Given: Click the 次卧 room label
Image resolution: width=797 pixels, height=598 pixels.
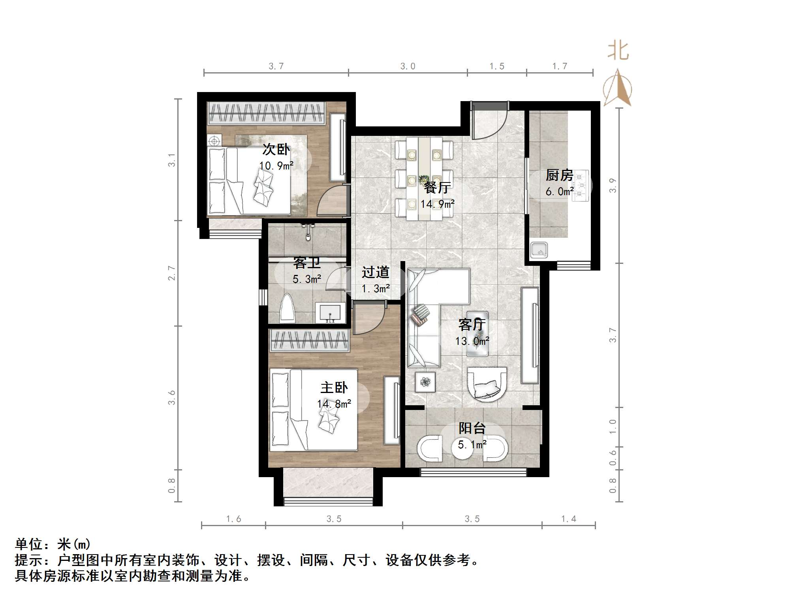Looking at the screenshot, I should pyautogui.click(x=276, y=149).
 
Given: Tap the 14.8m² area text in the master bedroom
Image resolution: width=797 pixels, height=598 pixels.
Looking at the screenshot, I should pyautogui.click(x=334, y=404).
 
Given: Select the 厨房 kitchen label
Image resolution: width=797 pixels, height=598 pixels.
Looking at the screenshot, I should pyautogui.click(x=559, y=175).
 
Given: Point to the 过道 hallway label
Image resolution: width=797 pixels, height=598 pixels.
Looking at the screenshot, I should pyautogui.click(x=376, y=272).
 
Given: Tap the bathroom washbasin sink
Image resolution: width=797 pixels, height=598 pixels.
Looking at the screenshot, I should pyautogui.click(x=330, y=313).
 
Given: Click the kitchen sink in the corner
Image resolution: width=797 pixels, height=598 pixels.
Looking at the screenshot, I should pyautogui.click(x=539, y=250).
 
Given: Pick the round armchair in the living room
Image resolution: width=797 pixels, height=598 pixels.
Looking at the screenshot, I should pyautogui.click(x=487, y=384).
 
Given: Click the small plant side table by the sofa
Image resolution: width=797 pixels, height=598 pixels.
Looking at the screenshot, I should pyautogui.click(x=425, y=382).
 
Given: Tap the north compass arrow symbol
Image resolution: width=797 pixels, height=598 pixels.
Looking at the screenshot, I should pyautogui.click(x=617, y=88).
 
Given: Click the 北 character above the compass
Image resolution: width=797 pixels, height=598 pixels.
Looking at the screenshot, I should pyautogui.click(x=618, y=51).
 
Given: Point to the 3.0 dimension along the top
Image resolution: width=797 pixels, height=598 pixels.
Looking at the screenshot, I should pyautogui.click(x=408, y=66).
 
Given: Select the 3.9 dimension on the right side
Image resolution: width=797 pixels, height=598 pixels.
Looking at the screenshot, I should pyautogui.click(x=613, y=185).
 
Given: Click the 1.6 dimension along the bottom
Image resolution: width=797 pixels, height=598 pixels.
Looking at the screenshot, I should pyautogui.click(x=233, y=519).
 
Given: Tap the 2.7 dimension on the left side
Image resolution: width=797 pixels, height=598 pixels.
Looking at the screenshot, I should pyautogui.click(x=171, y=273).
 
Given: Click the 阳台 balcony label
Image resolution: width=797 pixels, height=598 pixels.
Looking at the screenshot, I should pyautogui.click(x=472, y=428).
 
